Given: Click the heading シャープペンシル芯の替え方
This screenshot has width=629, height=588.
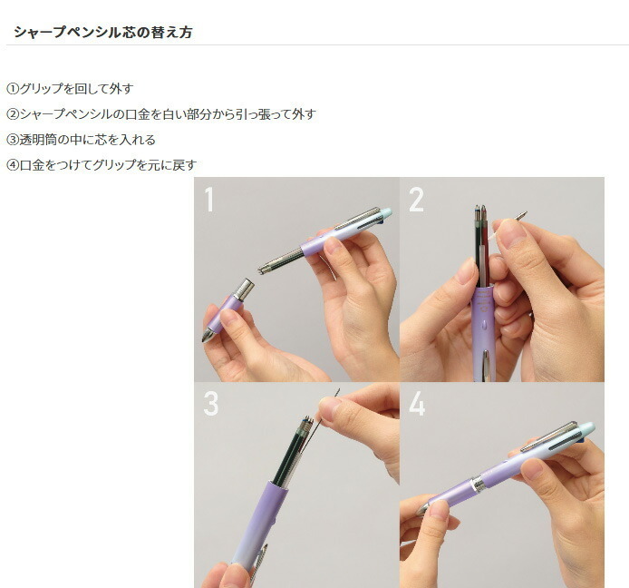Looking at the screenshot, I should point(102,33).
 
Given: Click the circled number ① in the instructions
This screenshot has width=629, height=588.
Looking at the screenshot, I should point(13,89).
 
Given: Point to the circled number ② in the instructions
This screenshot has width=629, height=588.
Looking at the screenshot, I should point(13,114).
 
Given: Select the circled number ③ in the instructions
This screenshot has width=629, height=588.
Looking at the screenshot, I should point(13,140).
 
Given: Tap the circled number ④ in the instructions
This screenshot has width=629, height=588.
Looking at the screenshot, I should point(13,165).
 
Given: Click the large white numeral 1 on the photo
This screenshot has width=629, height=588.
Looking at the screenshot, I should point(209,200).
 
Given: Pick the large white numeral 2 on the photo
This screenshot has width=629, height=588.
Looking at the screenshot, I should point(416,200).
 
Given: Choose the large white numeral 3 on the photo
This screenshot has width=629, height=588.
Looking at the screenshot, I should point(210,404).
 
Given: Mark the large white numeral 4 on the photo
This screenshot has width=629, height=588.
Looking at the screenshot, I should point(417,404).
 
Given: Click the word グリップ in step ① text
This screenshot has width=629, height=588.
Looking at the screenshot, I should point(44,89).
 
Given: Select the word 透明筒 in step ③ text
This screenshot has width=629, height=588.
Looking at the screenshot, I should point(37,140).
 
